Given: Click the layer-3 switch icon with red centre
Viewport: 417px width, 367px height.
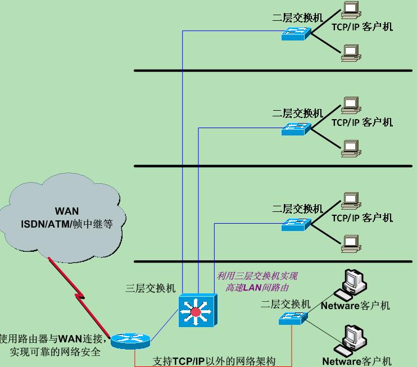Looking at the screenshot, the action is pos(198,310).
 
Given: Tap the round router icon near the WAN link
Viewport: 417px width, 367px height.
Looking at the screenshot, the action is pos(130,341).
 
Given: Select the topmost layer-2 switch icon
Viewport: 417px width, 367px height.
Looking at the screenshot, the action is pos(296,34).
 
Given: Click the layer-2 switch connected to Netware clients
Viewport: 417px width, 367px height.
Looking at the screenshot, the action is pos(293,318).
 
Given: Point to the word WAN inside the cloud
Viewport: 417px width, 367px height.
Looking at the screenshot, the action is pos(67,211).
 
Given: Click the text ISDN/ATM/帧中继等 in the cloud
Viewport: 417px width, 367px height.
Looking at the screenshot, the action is pos(67,224).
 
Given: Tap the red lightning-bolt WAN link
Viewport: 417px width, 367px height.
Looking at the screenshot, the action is pos(79,297).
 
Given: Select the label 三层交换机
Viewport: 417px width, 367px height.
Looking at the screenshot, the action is pos(151,288).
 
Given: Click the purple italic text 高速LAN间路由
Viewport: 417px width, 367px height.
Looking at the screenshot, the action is pos(257,288).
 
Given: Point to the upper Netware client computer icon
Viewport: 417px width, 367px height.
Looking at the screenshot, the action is pos(351,284).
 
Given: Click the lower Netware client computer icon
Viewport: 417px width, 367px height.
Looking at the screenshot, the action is pos(351,341).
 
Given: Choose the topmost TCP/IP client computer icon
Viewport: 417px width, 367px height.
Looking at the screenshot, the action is pos(351,10).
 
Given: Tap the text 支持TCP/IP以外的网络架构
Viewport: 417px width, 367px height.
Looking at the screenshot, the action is pos(214,361).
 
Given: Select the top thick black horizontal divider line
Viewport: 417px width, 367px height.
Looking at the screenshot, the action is pos(273,71).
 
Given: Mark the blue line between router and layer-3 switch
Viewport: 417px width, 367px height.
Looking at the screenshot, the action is pos(164,325).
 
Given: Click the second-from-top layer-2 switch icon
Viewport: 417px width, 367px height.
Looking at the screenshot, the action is pos(296,129).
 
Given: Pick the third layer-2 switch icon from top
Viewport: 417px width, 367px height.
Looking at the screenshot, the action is pos(296,224).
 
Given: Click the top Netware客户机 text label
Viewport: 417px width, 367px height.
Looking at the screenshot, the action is pos(355,306).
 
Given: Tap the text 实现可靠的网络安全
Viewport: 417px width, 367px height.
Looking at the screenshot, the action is pos(55,352).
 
